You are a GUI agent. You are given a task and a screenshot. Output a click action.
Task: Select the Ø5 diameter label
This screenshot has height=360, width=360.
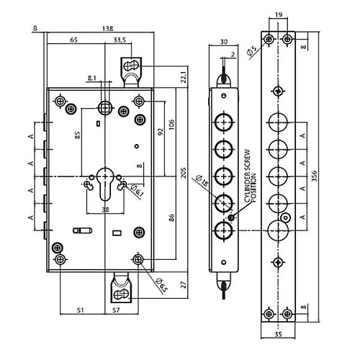[x=251, y=51]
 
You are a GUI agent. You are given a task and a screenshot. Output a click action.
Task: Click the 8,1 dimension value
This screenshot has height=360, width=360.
[x=93, y=77]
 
